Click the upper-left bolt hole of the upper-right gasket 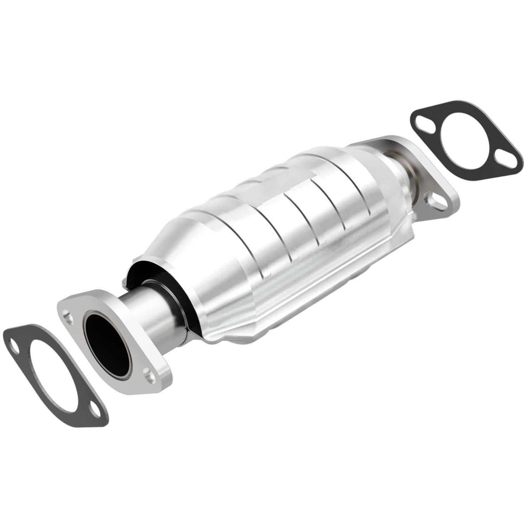point(421,124)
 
